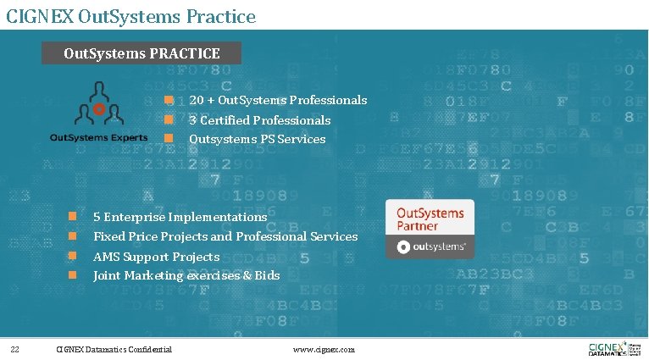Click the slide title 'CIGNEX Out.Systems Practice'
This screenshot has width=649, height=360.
point(130,15)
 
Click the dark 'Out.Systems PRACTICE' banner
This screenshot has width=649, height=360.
point(141,53)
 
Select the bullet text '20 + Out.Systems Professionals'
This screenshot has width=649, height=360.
point(278,101)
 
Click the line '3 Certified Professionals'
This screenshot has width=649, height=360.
point(259,120)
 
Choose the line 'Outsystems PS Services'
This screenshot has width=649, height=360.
point(257,139)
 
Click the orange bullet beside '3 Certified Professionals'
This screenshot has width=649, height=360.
point(169,120)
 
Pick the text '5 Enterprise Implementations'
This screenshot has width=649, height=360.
point(180,217)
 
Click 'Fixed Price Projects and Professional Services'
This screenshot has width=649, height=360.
point(225,236)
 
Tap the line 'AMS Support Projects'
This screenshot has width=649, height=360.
point(156,257)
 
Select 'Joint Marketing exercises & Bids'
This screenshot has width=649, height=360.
point(186,275)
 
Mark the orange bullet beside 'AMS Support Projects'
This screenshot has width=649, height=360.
point(73,256)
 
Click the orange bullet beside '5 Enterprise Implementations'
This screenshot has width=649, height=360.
point(73,217)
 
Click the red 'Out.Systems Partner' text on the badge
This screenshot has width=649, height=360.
point(430,219)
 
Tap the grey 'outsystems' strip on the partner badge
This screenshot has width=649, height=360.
point(430,247)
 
